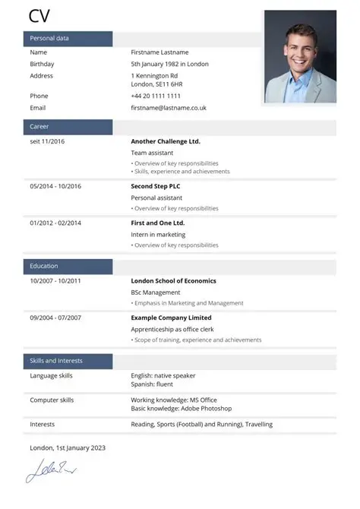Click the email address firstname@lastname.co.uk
[x=169, y=108]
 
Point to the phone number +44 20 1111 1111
[x=156, y=96]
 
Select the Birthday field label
[x=42, y=64]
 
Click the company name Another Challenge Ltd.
[x=166, y=141]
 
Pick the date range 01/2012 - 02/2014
[x=55, y=223]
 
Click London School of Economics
[x=173, y=280]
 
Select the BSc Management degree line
[x=156, y=292]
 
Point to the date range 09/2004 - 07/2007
[x=55, y=318]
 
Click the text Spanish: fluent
[x=153, y=384]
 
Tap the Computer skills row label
[x=52, y=400]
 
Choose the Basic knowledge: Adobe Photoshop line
[x=181, y=409]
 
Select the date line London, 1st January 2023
[x=68, y=447]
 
